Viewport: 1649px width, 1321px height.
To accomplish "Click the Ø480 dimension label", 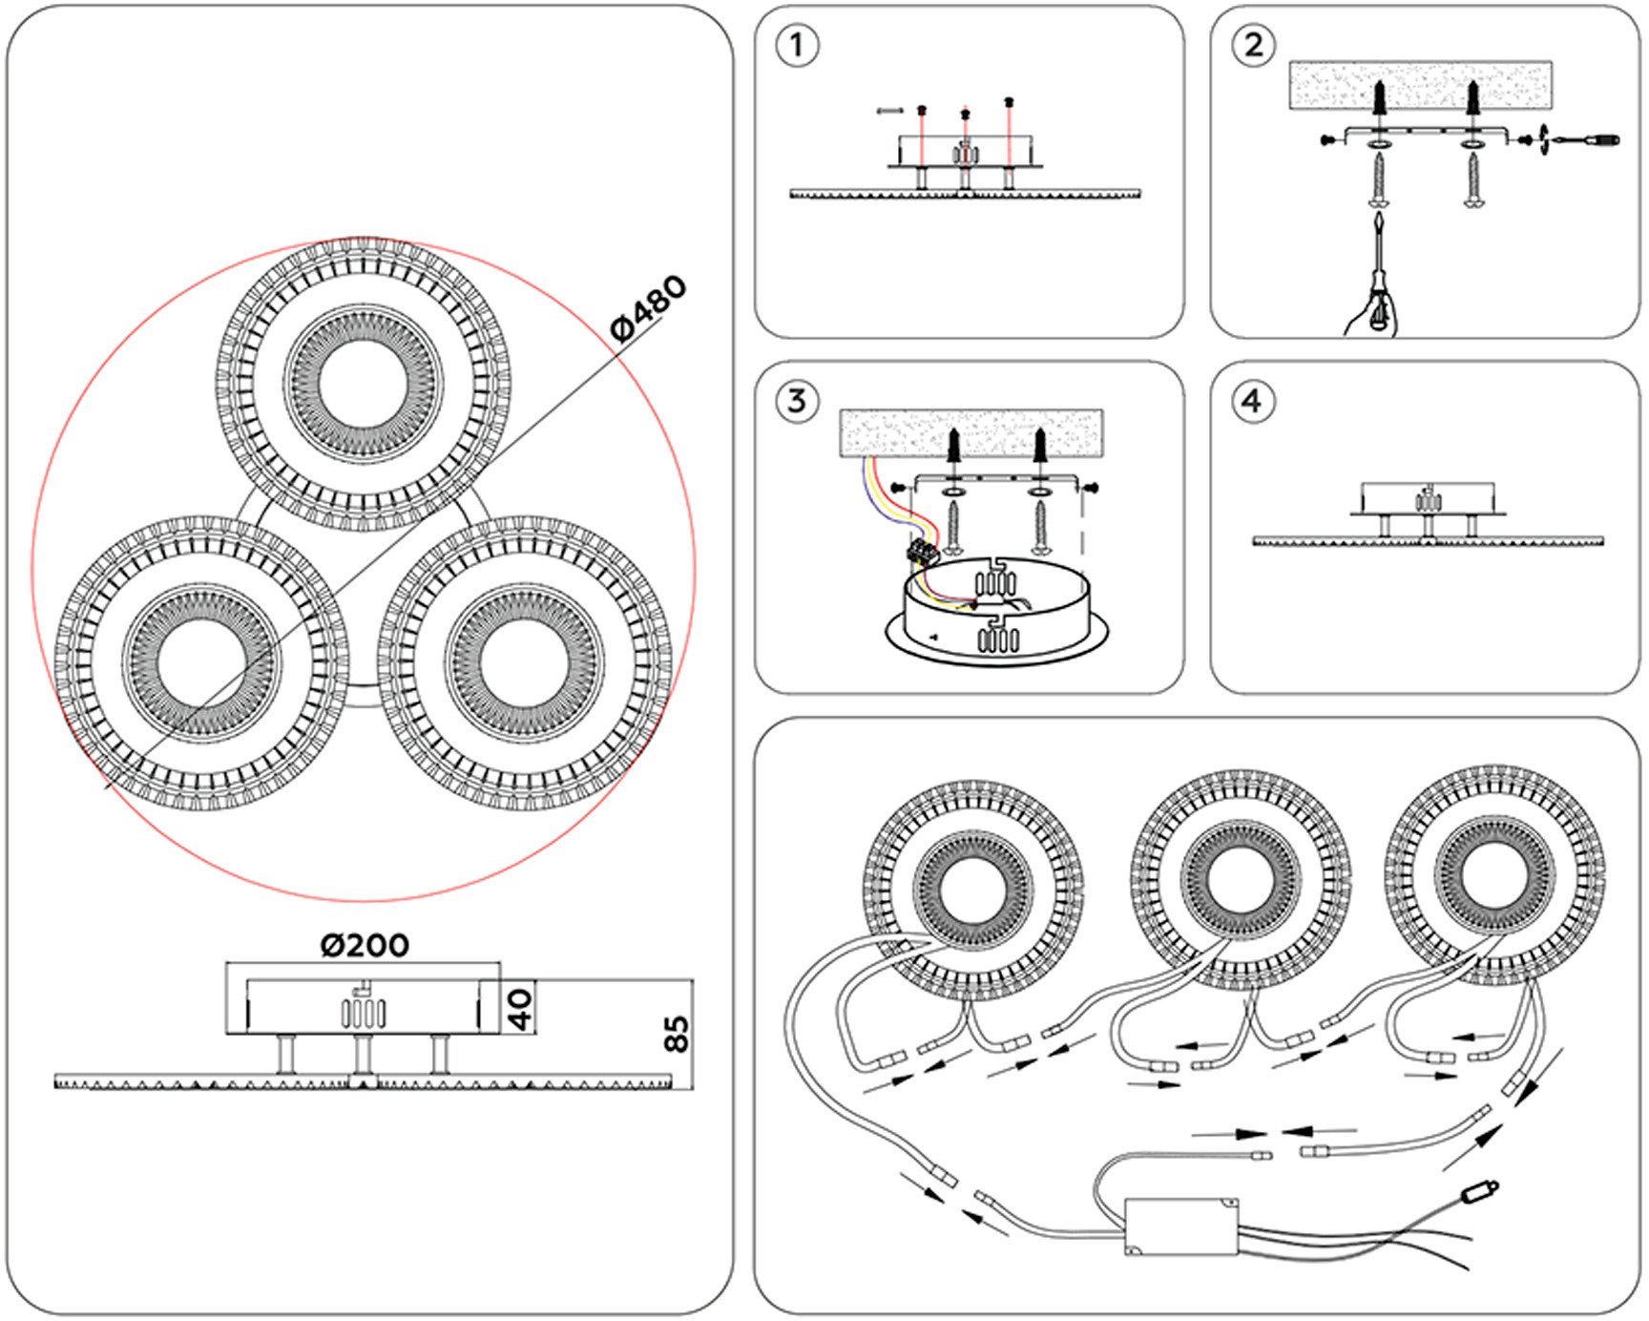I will (x=649, y=307).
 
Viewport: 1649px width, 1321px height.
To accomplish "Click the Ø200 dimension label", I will (x=365, y=945).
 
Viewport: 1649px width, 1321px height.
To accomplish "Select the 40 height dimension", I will (x=519, y=1008).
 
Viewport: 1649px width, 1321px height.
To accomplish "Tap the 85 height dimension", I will (x=676, y=1033).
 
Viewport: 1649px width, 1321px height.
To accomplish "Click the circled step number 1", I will (x=797, y=46).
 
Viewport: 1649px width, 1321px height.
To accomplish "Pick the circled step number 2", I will (x=1253, y=46).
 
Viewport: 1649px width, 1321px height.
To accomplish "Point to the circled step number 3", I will (x=797, y=402).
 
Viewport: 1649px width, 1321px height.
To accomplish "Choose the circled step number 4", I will (x=1252, y=402).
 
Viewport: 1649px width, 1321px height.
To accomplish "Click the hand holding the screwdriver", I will (x=1372, y=316).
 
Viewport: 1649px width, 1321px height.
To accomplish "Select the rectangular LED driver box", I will (x=1181, y=1227).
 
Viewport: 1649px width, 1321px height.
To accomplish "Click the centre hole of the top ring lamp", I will (x=364, y=384).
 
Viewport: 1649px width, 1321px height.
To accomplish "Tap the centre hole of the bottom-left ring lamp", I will (x=202, y=663).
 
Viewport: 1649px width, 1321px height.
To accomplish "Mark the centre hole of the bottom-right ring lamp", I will (x=524, y=663).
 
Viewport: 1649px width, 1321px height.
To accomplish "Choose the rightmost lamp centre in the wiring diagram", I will (x=1494, y=875).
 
